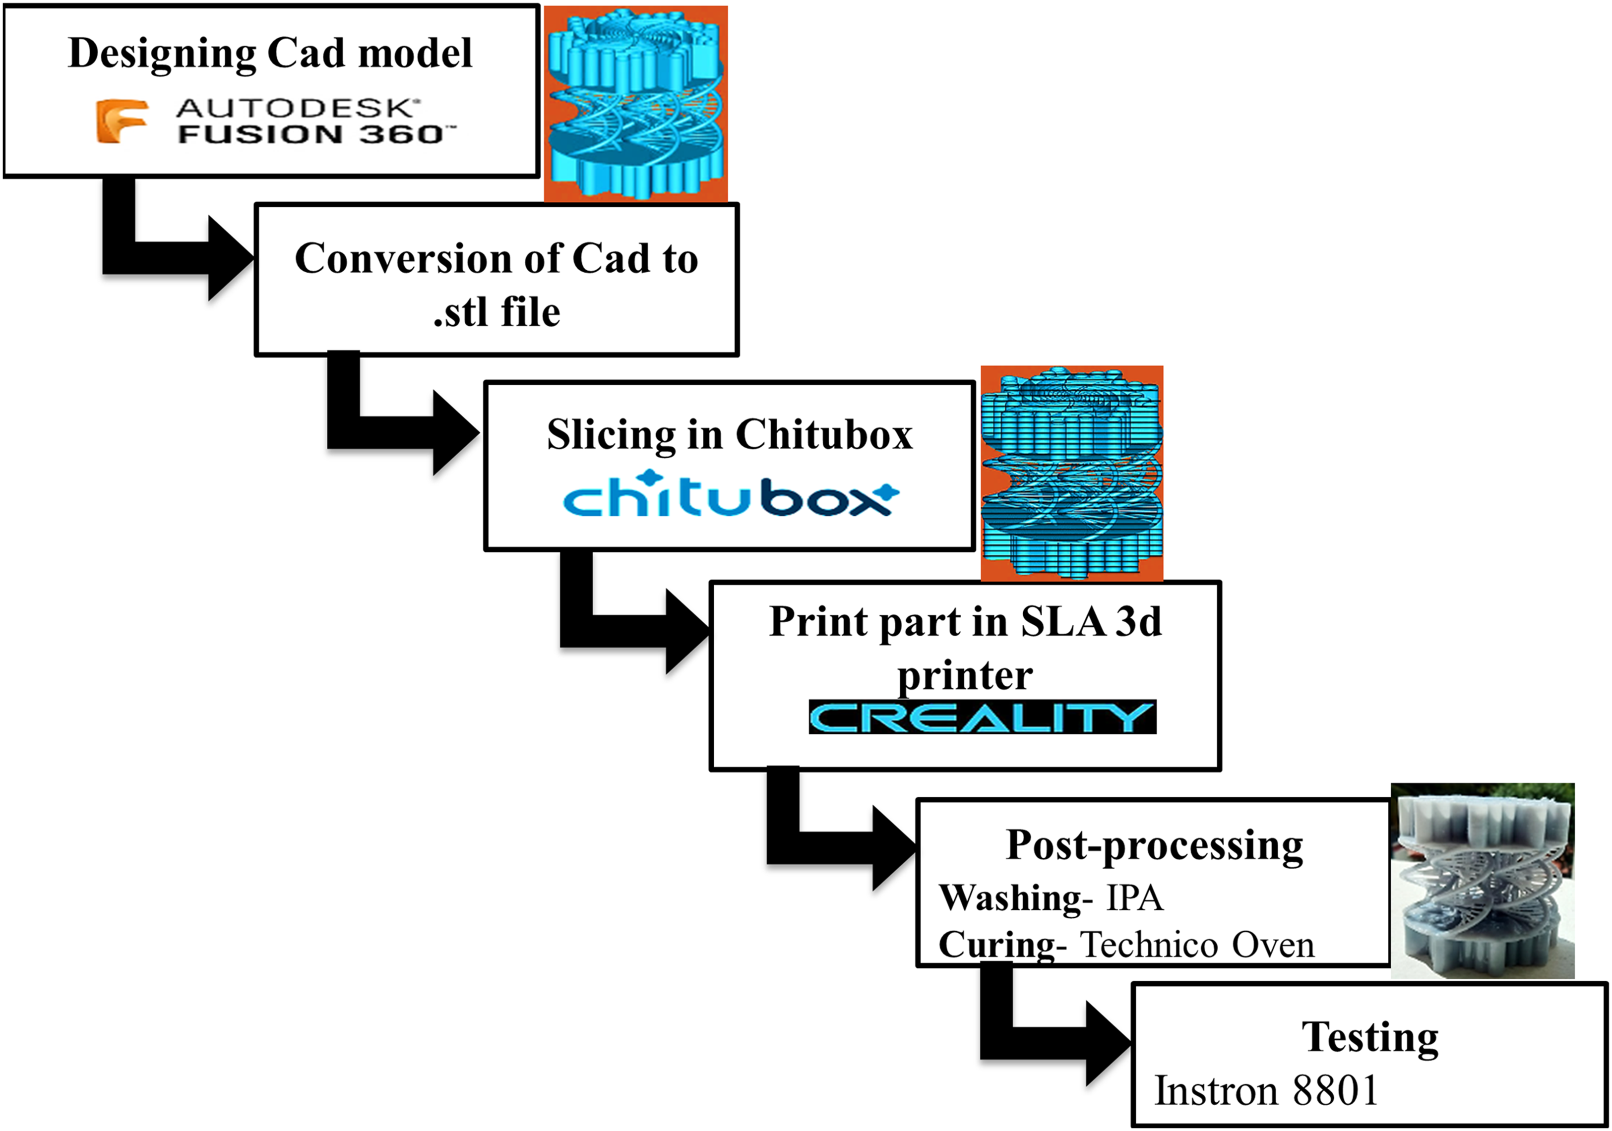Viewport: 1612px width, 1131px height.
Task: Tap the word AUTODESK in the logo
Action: (x=298, y=108)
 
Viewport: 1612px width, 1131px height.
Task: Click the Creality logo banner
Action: (x=982, y=717)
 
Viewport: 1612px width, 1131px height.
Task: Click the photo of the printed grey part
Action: (x=1483, y=881)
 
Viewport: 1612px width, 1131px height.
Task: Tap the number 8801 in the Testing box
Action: (x=1335, y=1090)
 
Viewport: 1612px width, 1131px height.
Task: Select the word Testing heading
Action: (x=1370, y=1038)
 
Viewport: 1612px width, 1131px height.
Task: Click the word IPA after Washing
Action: (x=1134, y=897)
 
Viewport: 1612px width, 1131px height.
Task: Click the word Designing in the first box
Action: (x=162, y=54)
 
